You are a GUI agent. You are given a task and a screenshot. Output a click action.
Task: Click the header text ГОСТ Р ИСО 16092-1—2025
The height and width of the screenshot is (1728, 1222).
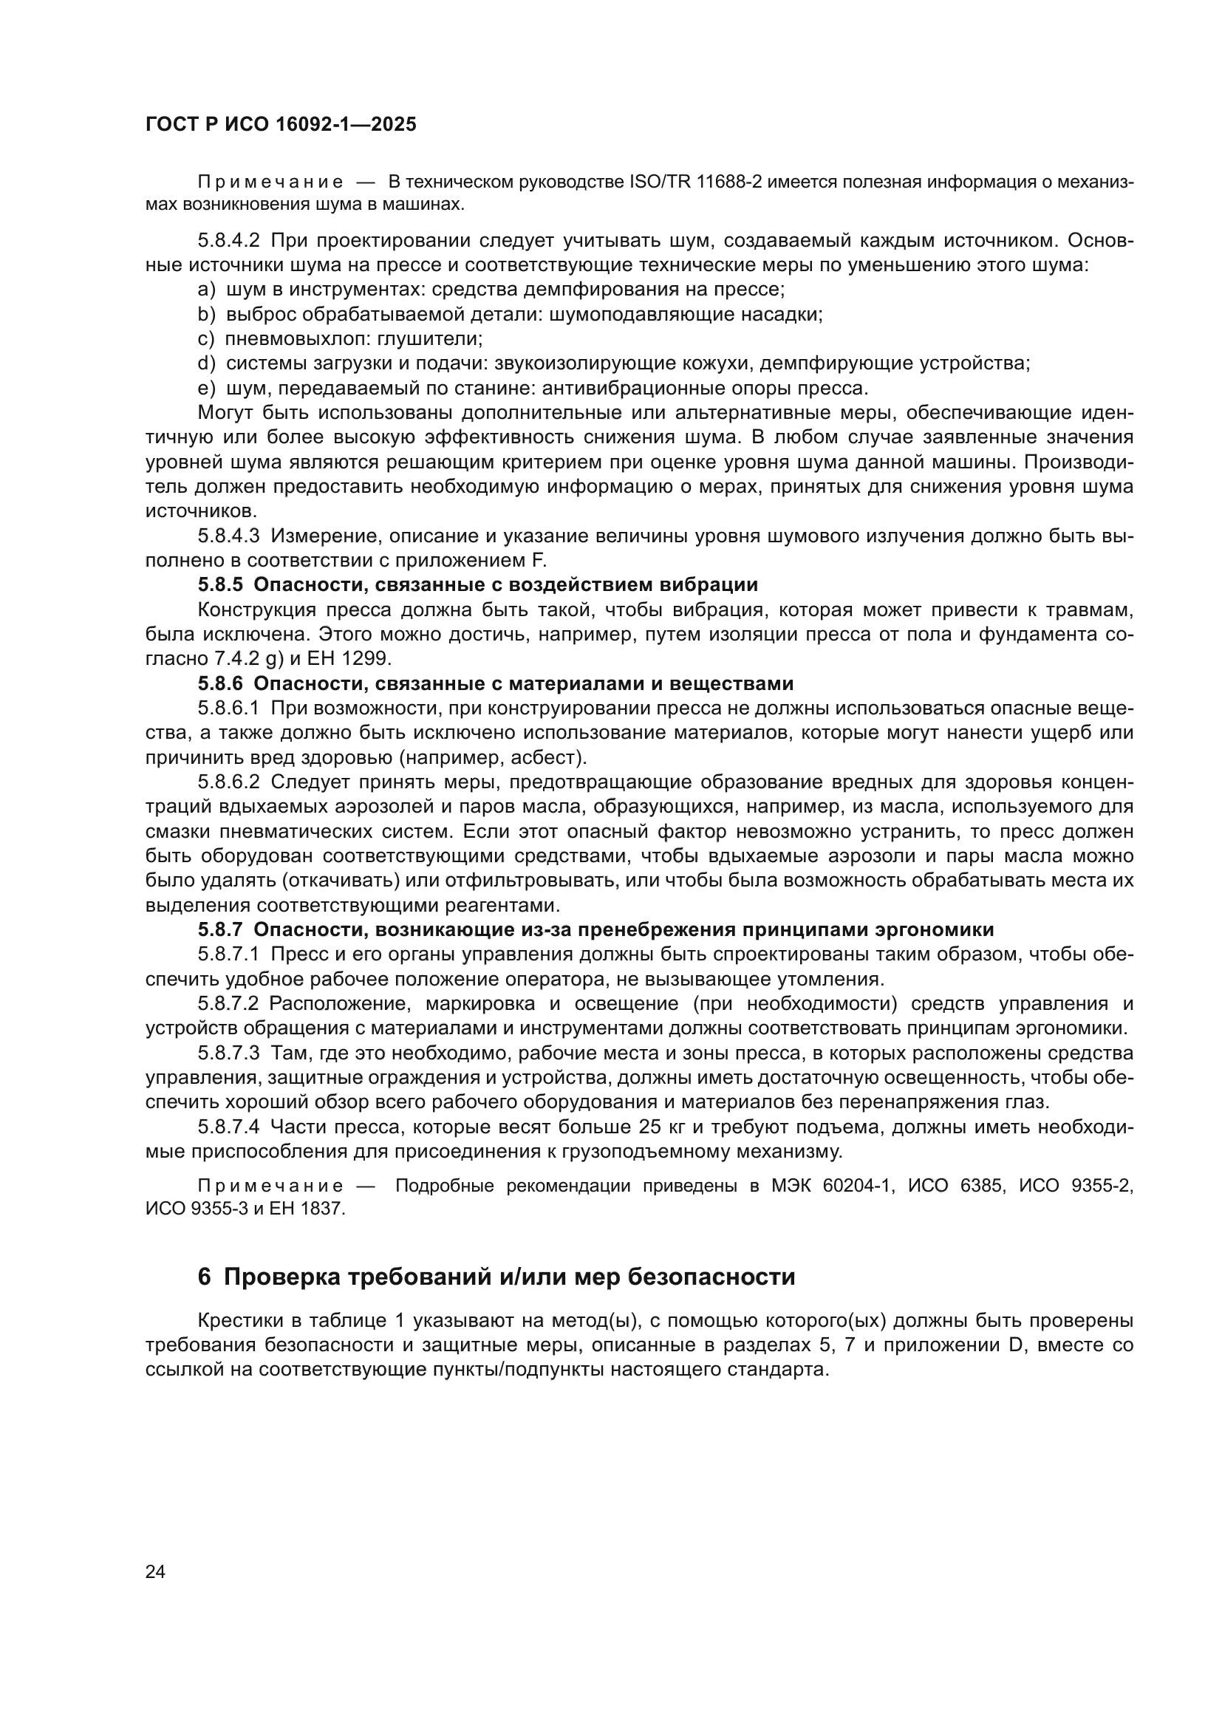point(281,125)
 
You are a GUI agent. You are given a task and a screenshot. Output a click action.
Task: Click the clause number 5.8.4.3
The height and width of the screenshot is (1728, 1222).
point(229,536)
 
